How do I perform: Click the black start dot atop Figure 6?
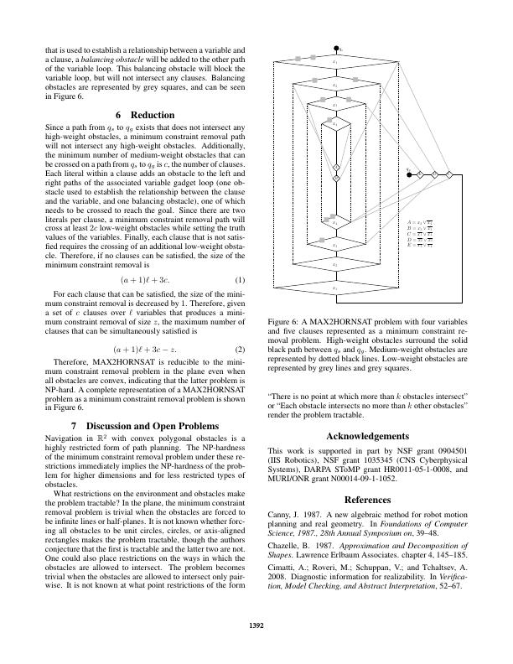tap(336, 49)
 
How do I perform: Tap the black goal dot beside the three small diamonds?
tap(407, 174)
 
